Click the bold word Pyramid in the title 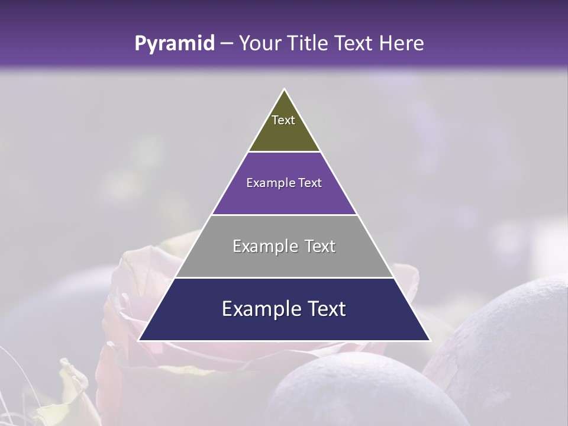(x=175, y=43)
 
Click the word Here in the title (x=402, y=43)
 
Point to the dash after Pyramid (x=227, y=44)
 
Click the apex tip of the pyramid (x=285, y=91)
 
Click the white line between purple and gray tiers (x=284, y=215)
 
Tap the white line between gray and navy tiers (x=284, y=277)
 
